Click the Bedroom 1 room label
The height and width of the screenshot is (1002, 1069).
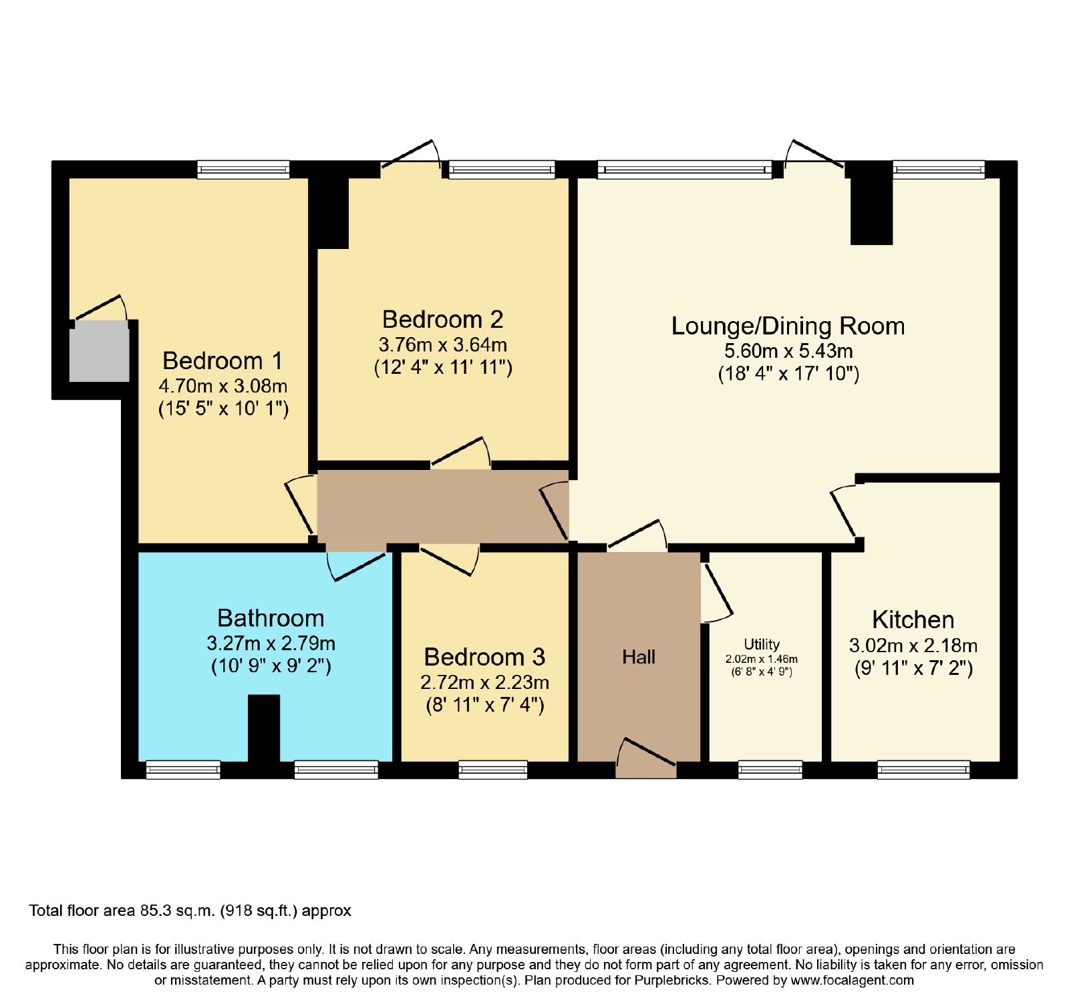point(222,361)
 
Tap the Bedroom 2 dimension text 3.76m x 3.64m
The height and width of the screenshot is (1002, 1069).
point(443,345)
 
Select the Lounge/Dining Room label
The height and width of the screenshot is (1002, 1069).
point(788,326)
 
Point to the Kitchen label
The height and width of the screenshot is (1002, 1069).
point(913,620)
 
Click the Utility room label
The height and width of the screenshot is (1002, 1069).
point(762,644)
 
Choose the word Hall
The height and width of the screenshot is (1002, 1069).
point(639,658)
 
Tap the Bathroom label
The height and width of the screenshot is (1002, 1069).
point(271,618)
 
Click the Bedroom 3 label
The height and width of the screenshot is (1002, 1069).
point(484,658)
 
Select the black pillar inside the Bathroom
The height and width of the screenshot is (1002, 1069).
point(264,728)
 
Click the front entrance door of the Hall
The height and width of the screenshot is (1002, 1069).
point(646,758)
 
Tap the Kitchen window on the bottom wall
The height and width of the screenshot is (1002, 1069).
point(923,770)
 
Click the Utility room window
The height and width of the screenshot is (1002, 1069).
point(770,770)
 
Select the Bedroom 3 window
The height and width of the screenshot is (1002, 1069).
point(493,770)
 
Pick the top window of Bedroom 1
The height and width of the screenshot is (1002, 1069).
point(243,170)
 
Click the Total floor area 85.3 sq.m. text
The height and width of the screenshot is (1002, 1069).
point(190,911)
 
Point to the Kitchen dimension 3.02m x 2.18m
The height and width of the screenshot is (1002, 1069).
point(913,646)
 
